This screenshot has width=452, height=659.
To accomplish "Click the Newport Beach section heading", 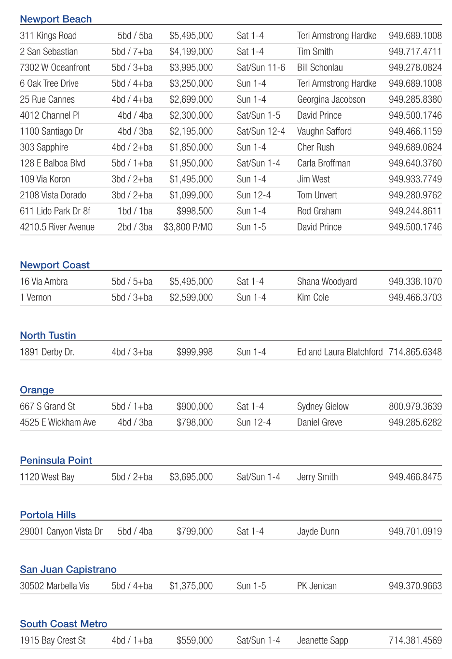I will tap(55, 19).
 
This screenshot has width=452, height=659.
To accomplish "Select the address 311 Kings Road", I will tap(48, 36).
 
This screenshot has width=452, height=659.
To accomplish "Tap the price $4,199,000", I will tap(191, 52).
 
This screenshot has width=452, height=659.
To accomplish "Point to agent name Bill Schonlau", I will tap(320, 68).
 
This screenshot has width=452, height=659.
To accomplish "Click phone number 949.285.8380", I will tap(415, 99).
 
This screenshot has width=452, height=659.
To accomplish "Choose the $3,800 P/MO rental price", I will tap(188, 227).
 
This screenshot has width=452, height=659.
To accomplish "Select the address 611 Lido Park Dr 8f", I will tap(55, 211).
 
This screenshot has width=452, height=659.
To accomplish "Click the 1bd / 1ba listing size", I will tap(135, 211).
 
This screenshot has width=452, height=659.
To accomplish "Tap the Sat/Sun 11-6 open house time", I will tap(260, 68).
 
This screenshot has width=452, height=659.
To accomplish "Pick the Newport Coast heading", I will tap(55, 265).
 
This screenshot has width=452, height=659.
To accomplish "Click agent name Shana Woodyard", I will tap(327, 282).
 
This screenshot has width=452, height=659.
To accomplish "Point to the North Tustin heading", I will tap(48, 336).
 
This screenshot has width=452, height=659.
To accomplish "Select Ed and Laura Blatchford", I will tap(340, 352).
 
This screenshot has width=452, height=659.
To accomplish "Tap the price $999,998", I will tap(194, 352).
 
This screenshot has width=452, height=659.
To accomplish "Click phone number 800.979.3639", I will tap(415, 407).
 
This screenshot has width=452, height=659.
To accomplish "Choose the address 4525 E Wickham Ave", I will tap(58, 423).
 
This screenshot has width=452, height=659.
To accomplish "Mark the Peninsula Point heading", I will tap(56, 461).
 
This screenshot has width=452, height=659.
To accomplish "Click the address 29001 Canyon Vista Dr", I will tap(61, 532).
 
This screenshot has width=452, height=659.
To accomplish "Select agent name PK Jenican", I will tap(316, 586).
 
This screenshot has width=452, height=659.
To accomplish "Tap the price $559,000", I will tap(194, 641).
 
